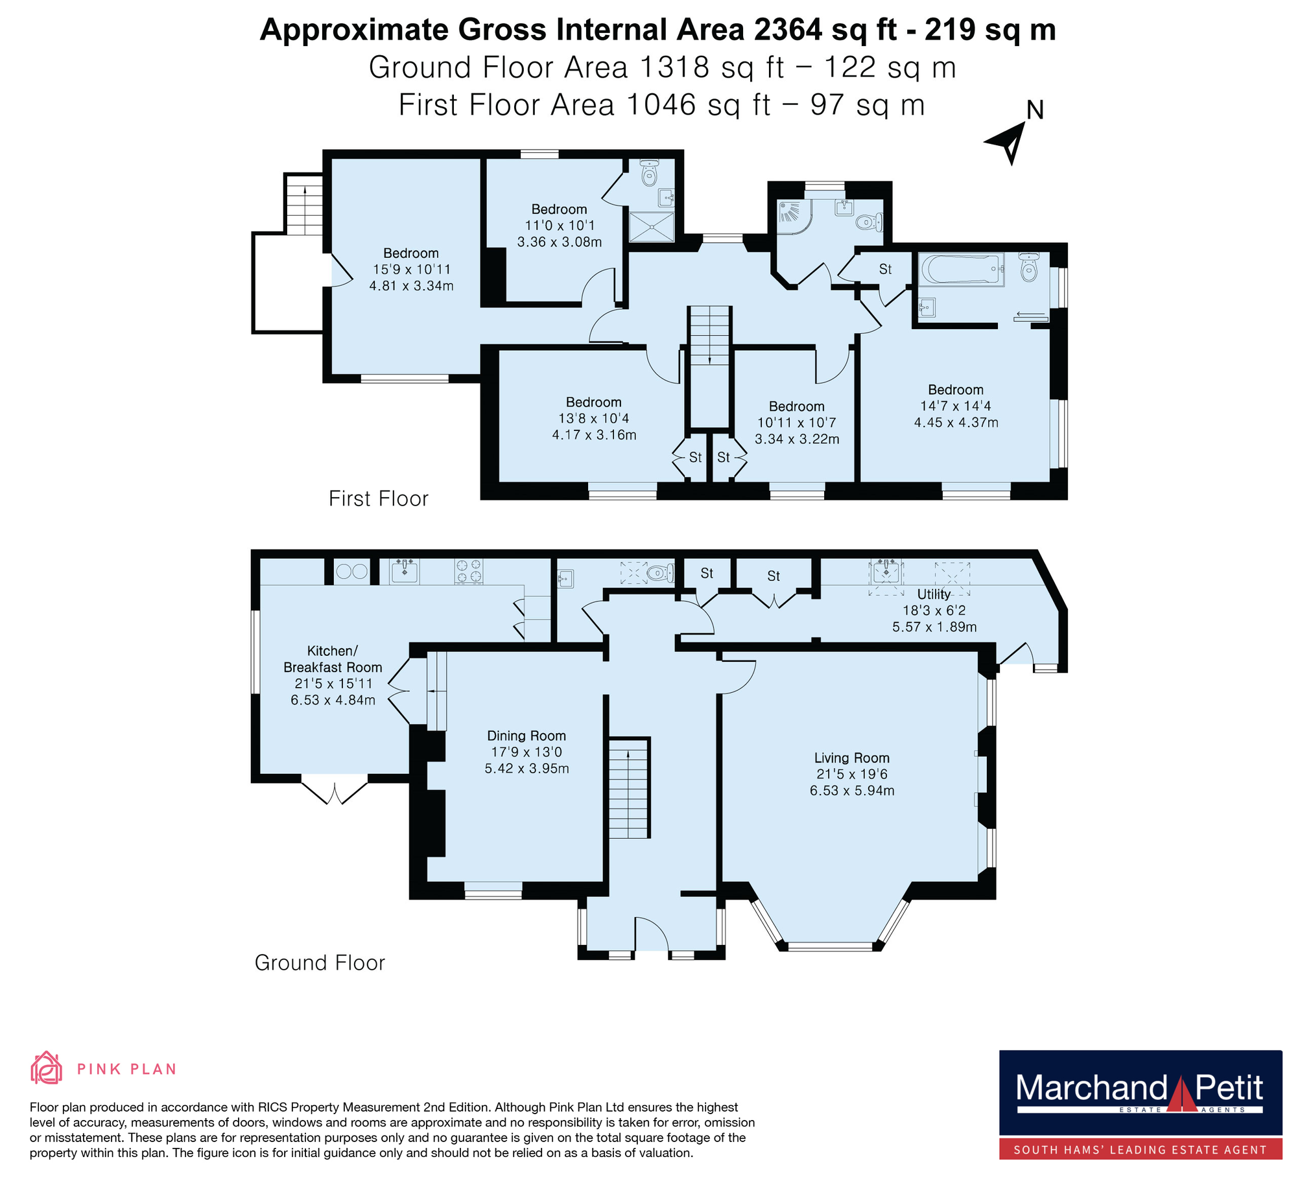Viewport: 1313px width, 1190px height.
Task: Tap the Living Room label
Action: click(851, 758)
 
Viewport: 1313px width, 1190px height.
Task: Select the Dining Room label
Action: click(526, 736)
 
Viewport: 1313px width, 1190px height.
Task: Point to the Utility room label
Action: click(933, 594)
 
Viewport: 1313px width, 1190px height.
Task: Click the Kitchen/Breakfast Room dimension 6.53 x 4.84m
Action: click(333, 701)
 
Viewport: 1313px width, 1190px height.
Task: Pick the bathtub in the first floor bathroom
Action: click(962, 270)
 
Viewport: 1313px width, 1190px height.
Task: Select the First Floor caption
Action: click(379, 498)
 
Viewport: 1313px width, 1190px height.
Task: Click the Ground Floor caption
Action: click(320, 962)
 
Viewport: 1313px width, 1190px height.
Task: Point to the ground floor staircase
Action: click(629, 788)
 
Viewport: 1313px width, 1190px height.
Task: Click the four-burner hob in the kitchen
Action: click(469, 572)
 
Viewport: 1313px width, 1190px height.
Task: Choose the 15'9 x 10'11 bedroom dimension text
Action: click(412, 270)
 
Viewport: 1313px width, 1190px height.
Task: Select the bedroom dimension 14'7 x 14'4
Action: click(956, 406)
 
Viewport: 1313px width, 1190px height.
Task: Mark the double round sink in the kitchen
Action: click(351, 572)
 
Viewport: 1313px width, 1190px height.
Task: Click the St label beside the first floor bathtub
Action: click(885, 269)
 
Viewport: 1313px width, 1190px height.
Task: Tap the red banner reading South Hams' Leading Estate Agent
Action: click(1141, 1150)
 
